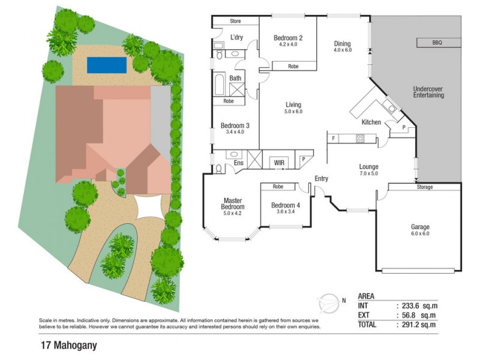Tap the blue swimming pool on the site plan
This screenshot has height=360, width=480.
click(106, 65)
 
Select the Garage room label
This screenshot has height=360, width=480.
click(420, 227)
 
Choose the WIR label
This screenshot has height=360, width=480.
click(279, 162)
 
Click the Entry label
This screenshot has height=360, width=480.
click(322, 179)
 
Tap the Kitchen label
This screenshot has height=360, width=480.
click(371, 122)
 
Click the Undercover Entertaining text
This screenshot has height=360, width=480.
click(429, 92)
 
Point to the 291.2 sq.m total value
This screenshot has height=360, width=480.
click(419, 325)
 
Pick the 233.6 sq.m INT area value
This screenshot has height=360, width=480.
click(419, 305)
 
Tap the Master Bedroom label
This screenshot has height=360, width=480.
click(232, 204)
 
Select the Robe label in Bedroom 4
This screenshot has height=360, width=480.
click(277, 187)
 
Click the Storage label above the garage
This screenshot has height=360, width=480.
click(424, 187)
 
